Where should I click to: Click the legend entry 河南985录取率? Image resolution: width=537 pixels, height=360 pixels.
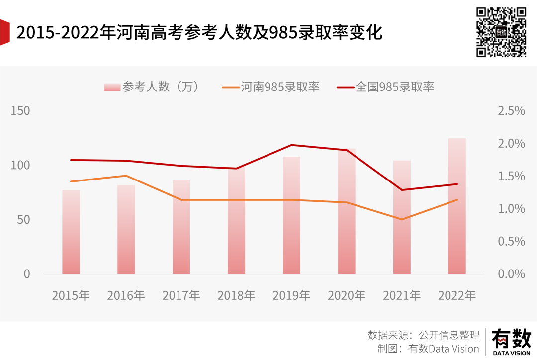tap(271, 87)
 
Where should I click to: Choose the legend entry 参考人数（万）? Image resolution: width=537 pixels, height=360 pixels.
tap(152, 87)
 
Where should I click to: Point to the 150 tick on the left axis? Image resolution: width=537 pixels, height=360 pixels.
tap(20, 111)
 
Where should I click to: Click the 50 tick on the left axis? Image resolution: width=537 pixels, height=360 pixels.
tap(24, 220)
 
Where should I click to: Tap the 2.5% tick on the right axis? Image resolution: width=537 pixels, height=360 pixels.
tap(511, 111)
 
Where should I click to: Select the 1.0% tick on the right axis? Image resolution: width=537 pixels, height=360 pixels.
tap(511, 209)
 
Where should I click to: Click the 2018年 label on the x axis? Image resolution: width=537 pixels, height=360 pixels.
tap(236, 295)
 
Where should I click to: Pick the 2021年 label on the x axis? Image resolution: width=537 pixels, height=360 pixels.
tap(402, 295)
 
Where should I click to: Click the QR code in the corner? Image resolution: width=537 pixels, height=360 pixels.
tap(501, 32)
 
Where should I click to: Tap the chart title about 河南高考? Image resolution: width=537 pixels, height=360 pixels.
tap(199, 33)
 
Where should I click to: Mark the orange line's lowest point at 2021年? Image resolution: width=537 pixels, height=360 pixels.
tap(402, 219)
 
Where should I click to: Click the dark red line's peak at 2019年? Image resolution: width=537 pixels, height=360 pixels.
tap(291, 145)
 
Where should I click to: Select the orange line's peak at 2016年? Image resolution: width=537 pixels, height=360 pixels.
tap(126, 176)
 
